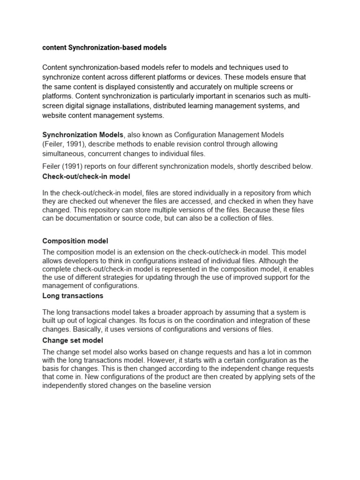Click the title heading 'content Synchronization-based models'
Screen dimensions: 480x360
104,48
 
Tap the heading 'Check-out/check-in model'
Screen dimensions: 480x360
86,176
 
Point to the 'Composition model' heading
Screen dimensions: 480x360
75,241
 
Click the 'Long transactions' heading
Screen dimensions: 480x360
73,296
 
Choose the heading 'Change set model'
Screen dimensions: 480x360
73,340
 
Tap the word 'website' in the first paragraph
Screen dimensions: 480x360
55,115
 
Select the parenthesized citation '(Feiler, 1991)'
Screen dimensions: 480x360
64,144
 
